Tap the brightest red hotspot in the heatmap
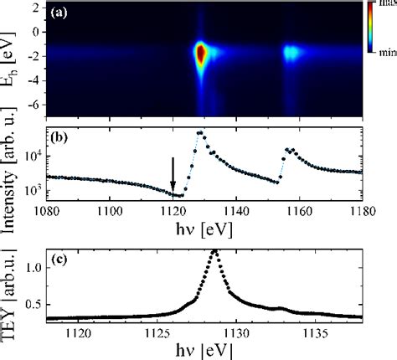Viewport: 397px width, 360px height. pyautogui.click(x=200, y=55)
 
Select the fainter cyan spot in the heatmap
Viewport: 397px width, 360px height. pyautogui.click(x=291, y=54)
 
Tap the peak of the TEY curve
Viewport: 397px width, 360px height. pyautogui.click(x=215, y=251)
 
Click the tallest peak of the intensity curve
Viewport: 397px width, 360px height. pyautogui.click(x=200, y=133)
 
